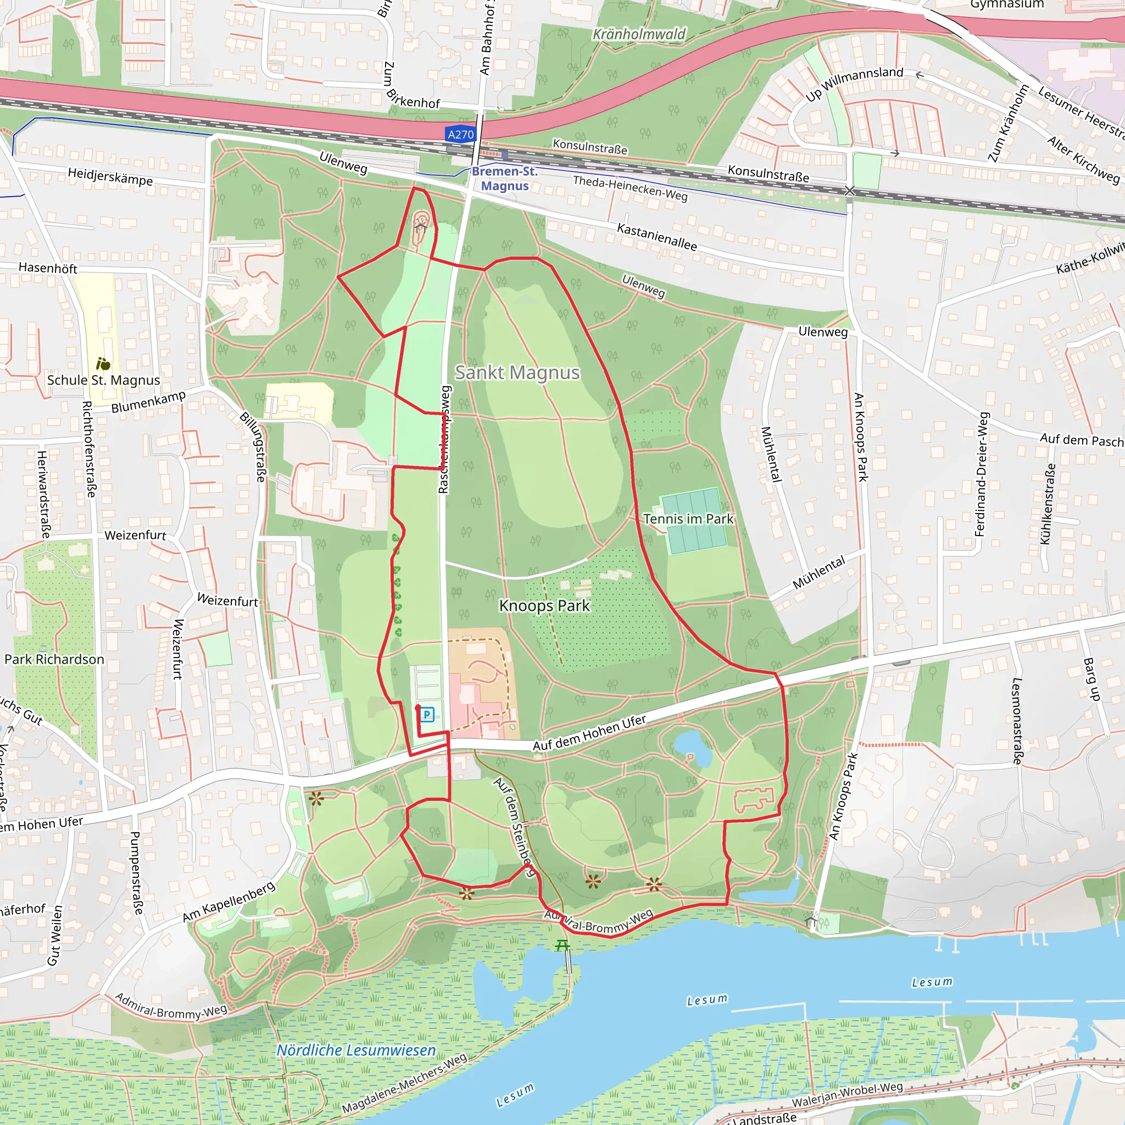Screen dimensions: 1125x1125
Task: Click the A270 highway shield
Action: pyautogui.click(x=460, y=135)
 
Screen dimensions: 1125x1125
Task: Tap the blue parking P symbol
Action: pyautogui.click(x=427, y=714)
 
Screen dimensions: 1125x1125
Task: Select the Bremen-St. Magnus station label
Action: pyautogui.click(x=504, y=178)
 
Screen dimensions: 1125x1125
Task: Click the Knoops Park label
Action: pyautogui.click(x=544, y=605)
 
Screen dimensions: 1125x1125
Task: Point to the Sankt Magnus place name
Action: pyautogui.click(x=517, y=372)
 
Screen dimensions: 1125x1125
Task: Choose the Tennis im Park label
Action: pyautogui.click(x=688, y=518)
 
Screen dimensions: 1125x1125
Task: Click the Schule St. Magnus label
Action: pyautogui.click(x=104, y=380)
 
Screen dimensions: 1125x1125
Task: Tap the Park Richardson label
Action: pyautogui.click(x=54, y=659)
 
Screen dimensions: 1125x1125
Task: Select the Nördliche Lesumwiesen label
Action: pyautogui.click(x=356, y=1050)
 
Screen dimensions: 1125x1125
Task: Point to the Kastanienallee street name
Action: pyautogui.click(x=657, y=236)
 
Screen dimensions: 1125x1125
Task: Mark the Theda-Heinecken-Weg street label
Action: pyautogui.click(x=630, y=188)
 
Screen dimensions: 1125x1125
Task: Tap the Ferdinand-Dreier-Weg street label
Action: pyautogui.click(x=982, y=474)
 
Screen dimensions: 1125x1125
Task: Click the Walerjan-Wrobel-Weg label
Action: pyautogui.click(x=846, y=1094)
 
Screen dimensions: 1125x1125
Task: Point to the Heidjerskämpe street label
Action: pyautogui.click(x=110, y=176)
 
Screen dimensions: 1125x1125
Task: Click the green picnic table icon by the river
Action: pyautogui.click(x=562, y=944)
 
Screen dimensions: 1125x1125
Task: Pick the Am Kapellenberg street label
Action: pyautogui.click(x=229, y=901)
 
